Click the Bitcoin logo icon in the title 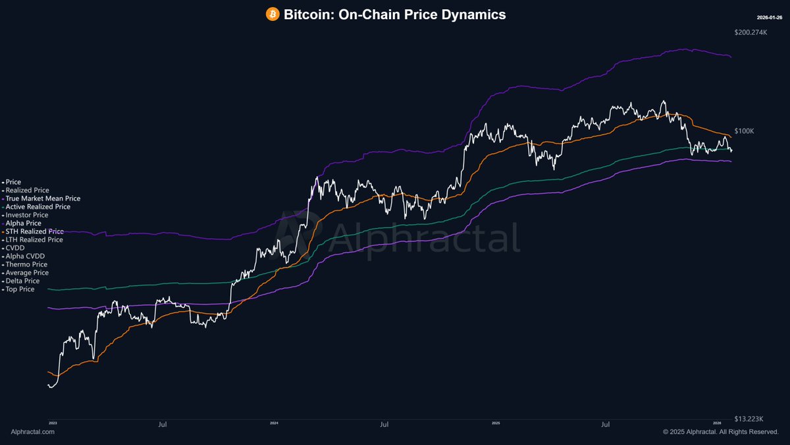click(273, 14)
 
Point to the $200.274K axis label click(751, 32)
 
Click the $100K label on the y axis click(744, 131)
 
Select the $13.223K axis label click(749, 418)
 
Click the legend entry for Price click(13, 182)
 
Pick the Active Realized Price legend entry click(38, 206)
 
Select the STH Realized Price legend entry click(34, 231)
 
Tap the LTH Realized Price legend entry click(34, 240)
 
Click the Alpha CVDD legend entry click(25, 256)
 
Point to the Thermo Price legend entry click(26, 264)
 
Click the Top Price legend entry click(20, 289)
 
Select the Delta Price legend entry click(22, 281)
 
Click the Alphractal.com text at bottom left click(33, 432)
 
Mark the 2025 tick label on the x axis click(494, 422)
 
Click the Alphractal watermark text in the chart click(421, 238)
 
